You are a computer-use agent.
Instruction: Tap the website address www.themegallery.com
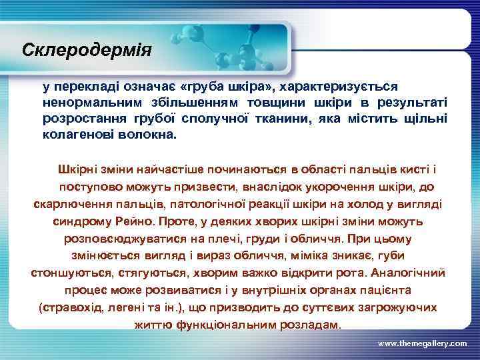[422, 343]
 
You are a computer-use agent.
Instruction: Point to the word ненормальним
[85, 103]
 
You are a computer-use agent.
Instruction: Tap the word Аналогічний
[408, 273]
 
